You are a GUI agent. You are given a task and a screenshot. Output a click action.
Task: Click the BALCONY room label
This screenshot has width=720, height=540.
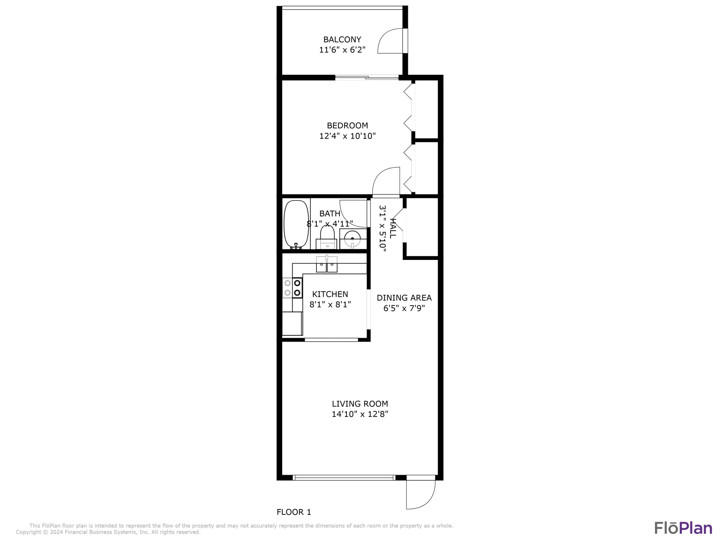tap(342, 40)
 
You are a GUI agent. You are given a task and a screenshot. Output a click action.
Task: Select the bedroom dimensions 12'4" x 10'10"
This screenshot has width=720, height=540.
tap(347, 136)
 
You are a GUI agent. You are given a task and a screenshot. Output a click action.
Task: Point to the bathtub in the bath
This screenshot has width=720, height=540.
tap(296, 224)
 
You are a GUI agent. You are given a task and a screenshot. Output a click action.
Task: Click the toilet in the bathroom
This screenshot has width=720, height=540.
tap(327, 238)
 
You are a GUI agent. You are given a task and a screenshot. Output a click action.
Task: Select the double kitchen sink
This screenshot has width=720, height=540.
tap(327, 265)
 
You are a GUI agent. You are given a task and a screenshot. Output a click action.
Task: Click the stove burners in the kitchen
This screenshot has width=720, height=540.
tap(292, 288)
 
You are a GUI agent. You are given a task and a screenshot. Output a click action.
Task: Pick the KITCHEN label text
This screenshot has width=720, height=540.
tap(330, 294)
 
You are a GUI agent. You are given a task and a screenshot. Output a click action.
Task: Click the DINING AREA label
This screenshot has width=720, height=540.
tap(404, 298)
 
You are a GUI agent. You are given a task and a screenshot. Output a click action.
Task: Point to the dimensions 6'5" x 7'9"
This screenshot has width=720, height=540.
tap(404, 308)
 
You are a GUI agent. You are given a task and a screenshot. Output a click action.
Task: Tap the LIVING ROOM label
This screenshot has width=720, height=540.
tap(360, 404)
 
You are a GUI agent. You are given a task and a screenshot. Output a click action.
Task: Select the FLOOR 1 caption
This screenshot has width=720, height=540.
tap(294, 512)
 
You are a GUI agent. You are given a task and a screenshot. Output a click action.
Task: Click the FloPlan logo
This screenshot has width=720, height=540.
tap(683, 528)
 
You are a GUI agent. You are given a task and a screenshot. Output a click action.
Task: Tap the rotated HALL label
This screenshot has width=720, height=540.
tap(393, 228)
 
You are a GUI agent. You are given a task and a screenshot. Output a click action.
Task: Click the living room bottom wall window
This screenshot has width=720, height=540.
tap(344, 478)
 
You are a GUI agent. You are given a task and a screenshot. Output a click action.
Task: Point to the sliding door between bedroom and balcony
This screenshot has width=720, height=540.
tap(367, 77)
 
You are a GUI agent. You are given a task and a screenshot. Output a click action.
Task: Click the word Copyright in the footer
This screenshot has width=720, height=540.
tap(29, 532)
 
